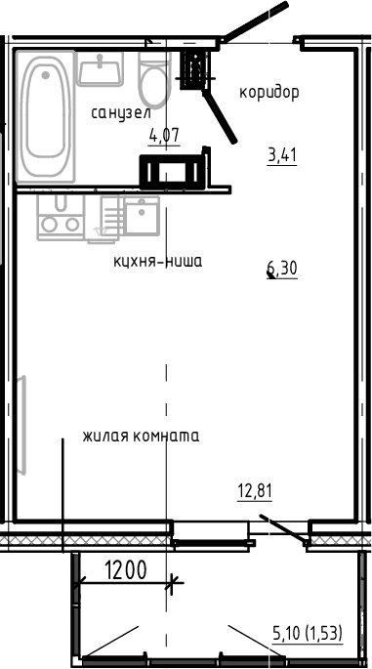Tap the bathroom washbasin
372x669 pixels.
[x=102, y=68]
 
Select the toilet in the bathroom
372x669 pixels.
[x=153, y=79]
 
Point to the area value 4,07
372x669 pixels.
[x=163, y=136]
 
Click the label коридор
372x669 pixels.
[x=269, y=93]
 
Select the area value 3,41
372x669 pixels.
[x=281, y=152]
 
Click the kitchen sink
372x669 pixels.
[x=142, y=214]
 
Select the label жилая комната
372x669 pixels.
[x=141, y=436]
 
